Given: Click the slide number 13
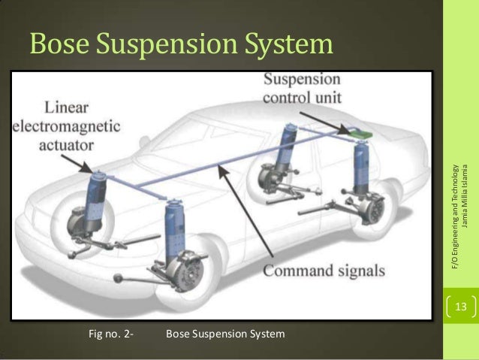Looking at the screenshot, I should [x=460, y=307].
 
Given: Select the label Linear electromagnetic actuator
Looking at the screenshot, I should [x=68, y=125].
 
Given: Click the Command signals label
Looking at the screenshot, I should [x=325, y=270].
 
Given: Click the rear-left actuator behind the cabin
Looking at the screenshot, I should [x=288, y=151].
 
